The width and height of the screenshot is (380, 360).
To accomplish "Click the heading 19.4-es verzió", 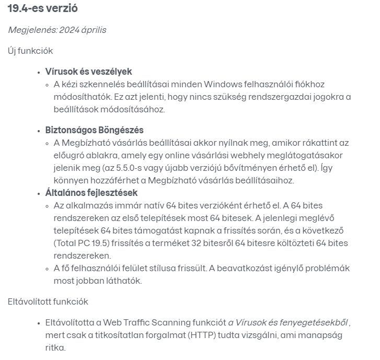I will [x=43, y=9].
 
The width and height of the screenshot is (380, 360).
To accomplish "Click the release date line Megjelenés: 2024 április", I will [x=57, y=30].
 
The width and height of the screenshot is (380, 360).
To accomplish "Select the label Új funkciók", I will [x=30, y=51].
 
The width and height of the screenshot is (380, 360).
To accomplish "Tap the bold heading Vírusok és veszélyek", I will [x=88, y=71].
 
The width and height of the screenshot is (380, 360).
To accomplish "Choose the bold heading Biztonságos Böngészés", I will [x=94, y=130].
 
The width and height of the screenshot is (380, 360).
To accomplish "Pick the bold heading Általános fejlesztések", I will [x=91, y=193].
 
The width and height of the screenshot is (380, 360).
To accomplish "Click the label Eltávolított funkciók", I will [x=48, y=301].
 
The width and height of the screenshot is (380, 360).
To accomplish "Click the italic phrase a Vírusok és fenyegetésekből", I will [x=288, y=322].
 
